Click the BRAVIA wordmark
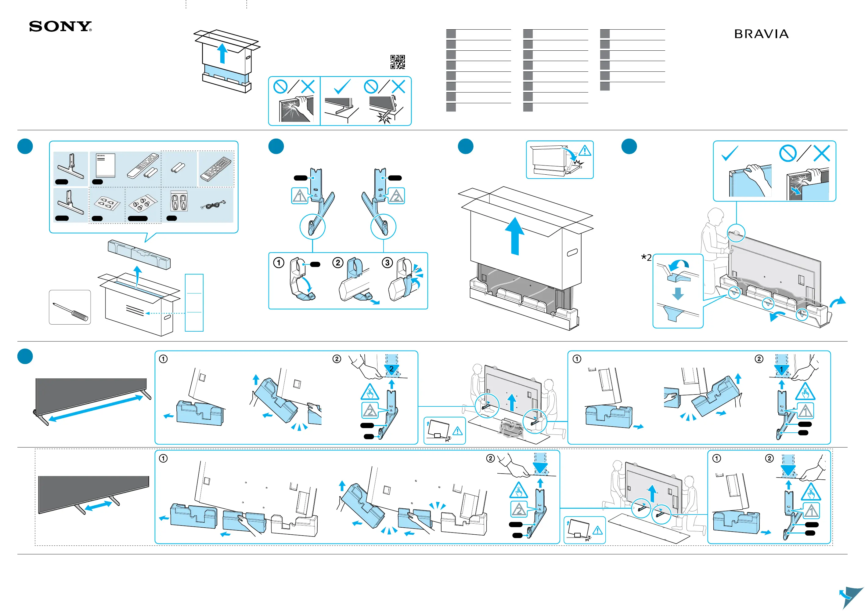pyautogui.click(x=761, y=34)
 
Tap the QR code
pyautogui.click(x=398, y=62)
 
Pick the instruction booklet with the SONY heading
pyautogui.click(x=106, y=165)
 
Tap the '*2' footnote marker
pyautogui.click(x=647, y=257)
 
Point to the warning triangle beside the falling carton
pyautogui.click(x=585, y=151)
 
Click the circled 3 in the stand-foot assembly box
pyautogui.click(x=387, y=263)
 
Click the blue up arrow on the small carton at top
pyautogui.click(x=223, y=53)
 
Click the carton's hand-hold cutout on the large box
pyautogui.click(x=572, y=252)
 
